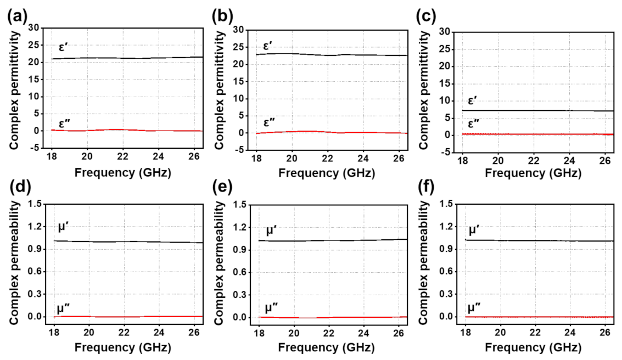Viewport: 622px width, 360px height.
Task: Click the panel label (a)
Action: coord(16,16)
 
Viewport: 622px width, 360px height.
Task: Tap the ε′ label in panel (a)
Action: coord(64,46)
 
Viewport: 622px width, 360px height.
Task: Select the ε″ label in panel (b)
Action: coord(269,122)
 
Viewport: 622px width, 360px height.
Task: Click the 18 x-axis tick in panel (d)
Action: coord(54,332)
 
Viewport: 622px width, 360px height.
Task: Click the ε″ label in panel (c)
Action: coord(473,122)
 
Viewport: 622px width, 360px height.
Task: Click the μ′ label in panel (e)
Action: coord(271,230)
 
